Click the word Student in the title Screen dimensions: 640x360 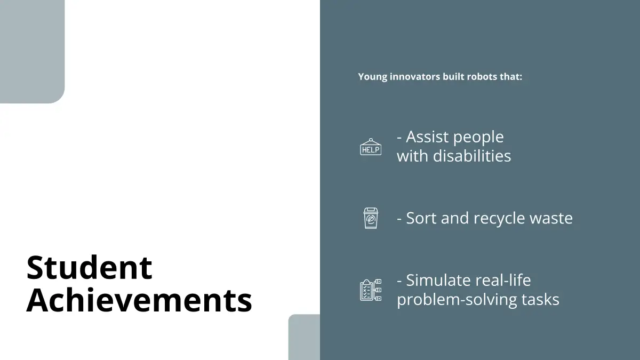tap(89, 267)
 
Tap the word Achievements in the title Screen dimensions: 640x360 tap(139, 300)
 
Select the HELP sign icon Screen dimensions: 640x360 tap(371, 147)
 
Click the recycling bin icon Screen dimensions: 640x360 tap(371, 218)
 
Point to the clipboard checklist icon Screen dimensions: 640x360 tap(371, 290)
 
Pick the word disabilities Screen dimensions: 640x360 tap(472, 156)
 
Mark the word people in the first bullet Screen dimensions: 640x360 tap(478, 138)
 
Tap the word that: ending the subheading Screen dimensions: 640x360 tap(511, 77)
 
